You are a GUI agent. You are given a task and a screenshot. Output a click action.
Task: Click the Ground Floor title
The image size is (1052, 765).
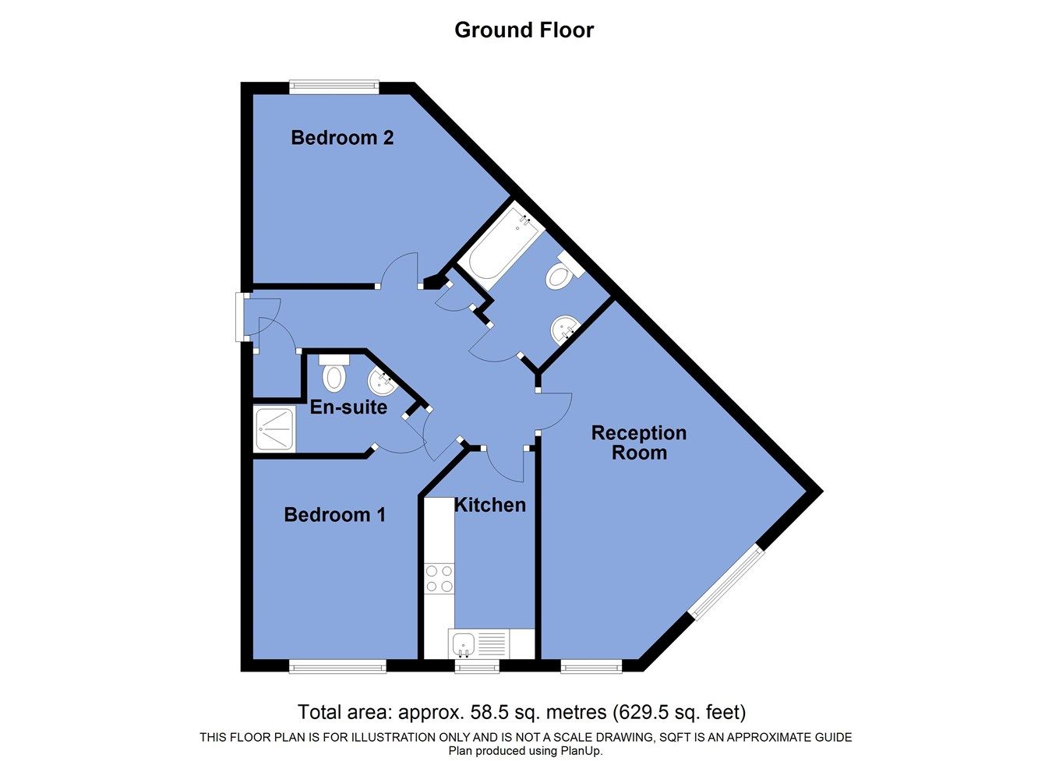pyautogui.click(x=524, y=30)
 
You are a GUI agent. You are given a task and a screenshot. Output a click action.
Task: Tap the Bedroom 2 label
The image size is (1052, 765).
pyautogui.click(x=342, y=138)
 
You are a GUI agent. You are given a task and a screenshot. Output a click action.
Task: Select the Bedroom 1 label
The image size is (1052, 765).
pyautogui.click(x=334, y=515)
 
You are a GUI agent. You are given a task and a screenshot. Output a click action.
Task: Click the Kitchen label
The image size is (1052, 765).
pyautogui.click(x=489, y=505)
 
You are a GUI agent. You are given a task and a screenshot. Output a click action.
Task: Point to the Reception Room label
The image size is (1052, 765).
pyautogui.click(x=638, y=442)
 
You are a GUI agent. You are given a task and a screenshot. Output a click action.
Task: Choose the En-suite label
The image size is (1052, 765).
pyautogui.click(x=348, y=407)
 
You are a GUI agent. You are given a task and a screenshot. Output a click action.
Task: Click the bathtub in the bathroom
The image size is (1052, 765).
pyautogui.click(x=499, y=245)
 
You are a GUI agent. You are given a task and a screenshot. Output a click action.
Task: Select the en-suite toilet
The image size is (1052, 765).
pyautogui.click(x=334, y=374)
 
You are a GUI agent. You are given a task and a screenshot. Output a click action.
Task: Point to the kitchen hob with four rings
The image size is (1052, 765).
pyautogui.click(x=439, y=579)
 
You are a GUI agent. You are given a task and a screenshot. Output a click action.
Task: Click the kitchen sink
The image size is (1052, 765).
pyautogui.click(x=464, y=644)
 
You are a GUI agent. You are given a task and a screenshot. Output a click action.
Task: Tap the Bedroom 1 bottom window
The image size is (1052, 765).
pyautogui.click(x=337, y=666)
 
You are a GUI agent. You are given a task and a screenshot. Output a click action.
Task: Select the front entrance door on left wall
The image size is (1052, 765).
pyautogui.click(x=241, y=317)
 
